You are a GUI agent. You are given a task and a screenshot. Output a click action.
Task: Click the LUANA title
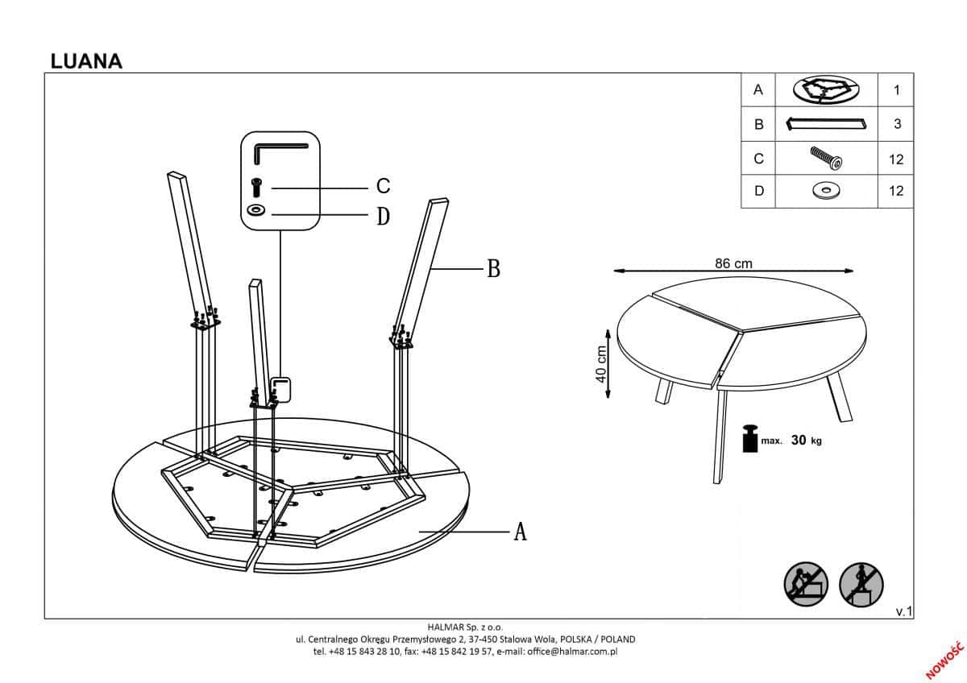click(86, 61)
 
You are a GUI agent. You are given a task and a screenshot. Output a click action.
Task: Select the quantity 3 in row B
click(896, 125)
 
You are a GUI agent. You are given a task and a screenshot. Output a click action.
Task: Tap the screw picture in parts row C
click(826, 158)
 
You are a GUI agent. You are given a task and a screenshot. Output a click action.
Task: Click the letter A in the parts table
click(757, 90)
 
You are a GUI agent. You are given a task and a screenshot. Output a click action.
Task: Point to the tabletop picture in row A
click(825, 89)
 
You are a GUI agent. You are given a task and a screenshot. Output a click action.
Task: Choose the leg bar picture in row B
click(825, 124)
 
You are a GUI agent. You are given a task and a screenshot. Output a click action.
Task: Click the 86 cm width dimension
click(733, 263)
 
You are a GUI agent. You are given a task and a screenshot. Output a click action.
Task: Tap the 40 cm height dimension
click(600, 366)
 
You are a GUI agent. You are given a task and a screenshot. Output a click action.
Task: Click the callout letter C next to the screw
click(384, 186)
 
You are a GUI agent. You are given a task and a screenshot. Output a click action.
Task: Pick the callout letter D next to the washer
click(384, 216)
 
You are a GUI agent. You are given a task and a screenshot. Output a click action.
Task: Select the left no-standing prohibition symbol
click(806, 583)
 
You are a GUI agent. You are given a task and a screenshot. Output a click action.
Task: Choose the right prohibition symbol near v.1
click(861, 583)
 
